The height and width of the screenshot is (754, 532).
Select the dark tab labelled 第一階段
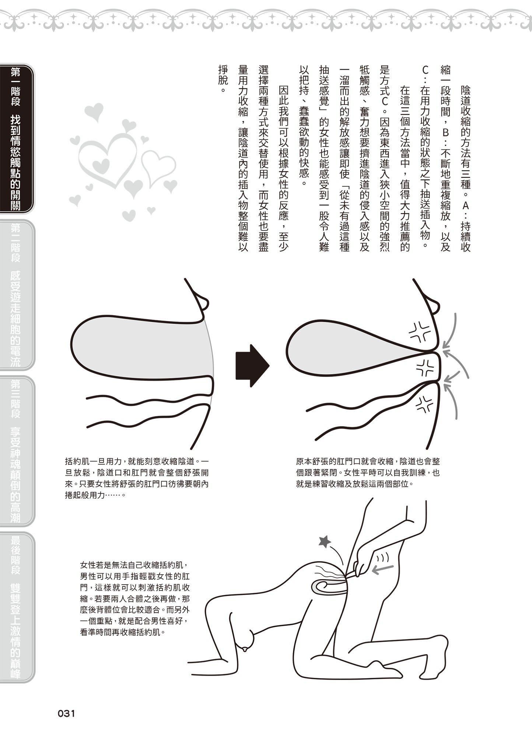point(17,139)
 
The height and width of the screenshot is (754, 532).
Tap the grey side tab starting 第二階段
point(17,295)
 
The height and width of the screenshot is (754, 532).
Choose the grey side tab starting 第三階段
point(17,451)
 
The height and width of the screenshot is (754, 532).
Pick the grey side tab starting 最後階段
point(17,607)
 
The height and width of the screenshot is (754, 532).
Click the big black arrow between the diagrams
point(252,366)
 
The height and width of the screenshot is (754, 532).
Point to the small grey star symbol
point(325,541)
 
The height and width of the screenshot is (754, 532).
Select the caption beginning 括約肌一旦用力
point(137,478)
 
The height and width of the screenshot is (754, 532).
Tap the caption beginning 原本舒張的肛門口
point(368,472)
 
